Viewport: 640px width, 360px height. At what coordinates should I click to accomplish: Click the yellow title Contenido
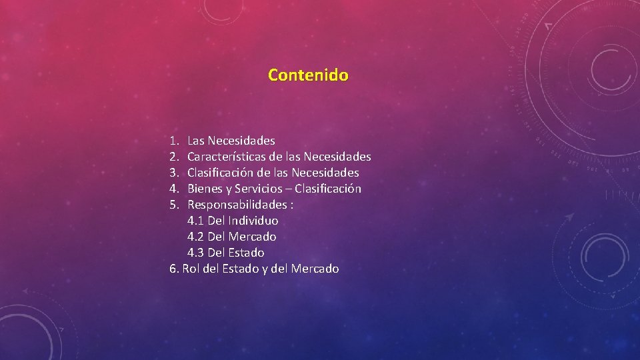pyautogui.click(x=308, y=75)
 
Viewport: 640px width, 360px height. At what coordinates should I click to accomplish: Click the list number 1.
pyautogui.click(x=174, y=141)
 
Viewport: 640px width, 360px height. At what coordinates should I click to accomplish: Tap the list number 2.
pyautogui.click(x=174, y=157)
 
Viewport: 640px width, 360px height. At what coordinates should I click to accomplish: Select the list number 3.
pyautogui.click(x=174, y=173)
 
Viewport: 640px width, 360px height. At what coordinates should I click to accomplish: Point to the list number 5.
pyautogui.click(x=174, y=205)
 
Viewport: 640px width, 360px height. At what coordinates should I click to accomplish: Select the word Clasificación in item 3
pyautogui.click(x=221, y=173)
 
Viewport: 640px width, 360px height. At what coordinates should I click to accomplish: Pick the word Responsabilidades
pyautogui.click(x=239, y=205)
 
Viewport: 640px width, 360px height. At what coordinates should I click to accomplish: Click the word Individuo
pyautogui.click(x=253, y=221)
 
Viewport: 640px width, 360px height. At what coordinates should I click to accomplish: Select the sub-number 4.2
pyautogui.click(x=196, y=237)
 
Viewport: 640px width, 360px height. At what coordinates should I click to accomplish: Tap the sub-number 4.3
pyautogui.click(x=196, y=253)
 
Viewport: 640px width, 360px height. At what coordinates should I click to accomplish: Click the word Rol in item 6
pyautogui.click(x=191, y=269)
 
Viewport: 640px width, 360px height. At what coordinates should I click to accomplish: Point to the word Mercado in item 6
pyautogui.click(x=315, y=269)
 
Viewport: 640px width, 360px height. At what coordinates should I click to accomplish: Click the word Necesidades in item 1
pyautogui.click(x=241, y=141)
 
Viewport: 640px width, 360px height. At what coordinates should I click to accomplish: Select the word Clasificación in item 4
pyautogui.click(x=328, y=189)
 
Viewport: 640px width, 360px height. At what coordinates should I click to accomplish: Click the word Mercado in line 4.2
pyautogui.click(x=252, y=237)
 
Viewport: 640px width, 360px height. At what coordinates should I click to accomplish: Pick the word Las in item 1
pyautogui.click(x=196, y=141)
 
